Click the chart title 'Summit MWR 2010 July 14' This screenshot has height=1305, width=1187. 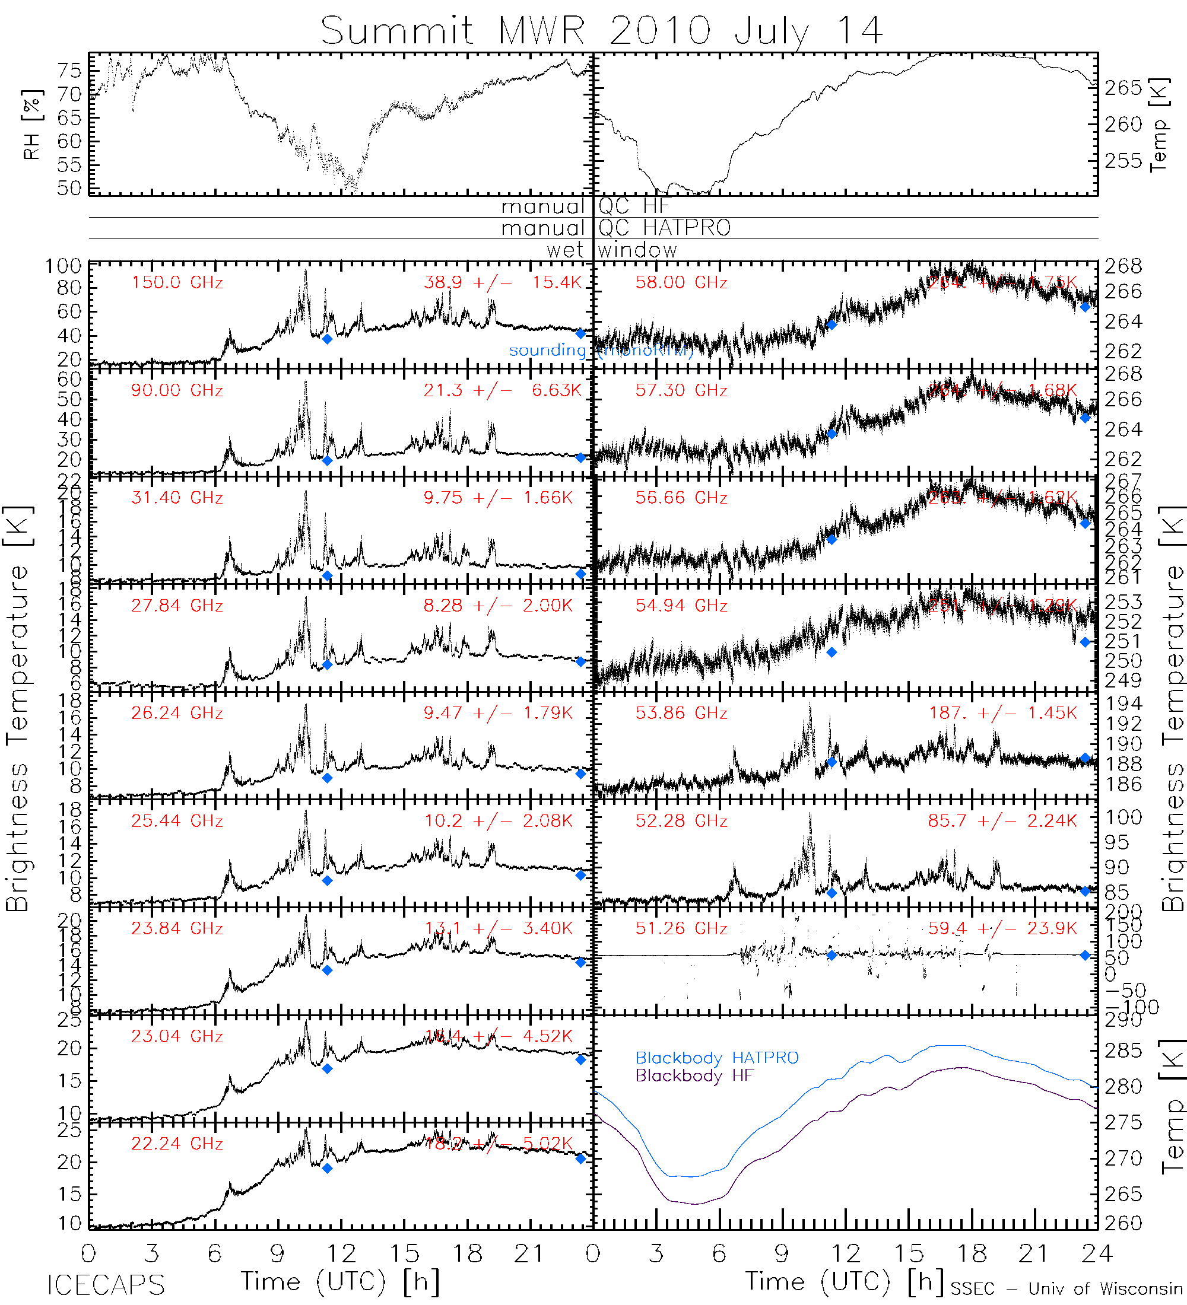601,30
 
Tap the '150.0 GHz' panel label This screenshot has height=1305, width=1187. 177,283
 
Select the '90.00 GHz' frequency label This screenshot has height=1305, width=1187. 177,390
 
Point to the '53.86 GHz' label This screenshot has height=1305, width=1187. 681,714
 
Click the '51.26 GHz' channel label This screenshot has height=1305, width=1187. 681,929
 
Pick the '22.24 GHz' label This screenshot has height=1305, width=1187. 177,1144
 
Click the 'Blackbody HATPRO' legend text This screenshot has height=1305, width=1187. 716,1058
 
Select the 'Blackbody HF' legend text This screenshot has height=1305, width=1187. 694,1076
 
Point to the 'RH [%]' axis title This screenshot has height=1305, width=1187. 31,125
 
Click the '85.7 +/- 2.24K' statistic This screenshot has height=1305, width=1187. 1002,822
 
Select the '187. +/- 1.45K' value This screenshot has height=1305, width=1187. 1002,714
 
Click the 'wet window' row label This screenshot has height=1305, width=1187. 611,250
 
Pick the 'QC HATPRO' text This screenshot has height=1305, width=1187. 664,228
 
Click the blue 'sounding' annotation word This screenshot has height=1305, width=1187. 547,351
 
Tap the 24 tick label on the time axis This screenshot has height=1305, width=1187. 1096,1254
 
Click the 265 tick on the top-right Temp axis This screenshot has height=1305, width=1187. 1123,88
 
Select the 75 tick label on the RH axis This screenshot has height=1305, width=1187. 69,71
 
